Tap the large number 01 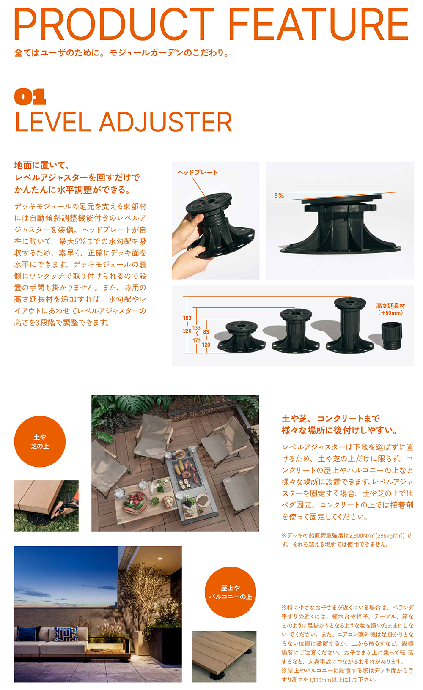click(30, 96)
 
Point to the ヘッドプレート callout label click(198, 172)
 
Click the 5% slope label click(279, 196)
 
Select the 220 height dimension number click(187, 331)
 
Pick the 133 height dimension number click(196, 328)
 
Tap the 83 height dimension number click(206, 332)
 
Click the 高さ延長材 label click(390, 306)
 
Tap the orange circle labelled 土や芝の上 click(40, 441)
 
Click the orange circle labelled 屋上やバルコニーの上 click(231, 592)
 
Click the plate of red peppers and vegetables click(135, 501)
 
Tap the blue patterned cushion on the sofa click(66, 634)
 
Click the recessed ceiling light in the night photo click(159, 558)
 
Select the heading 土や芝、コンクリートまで click(330, 418)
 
